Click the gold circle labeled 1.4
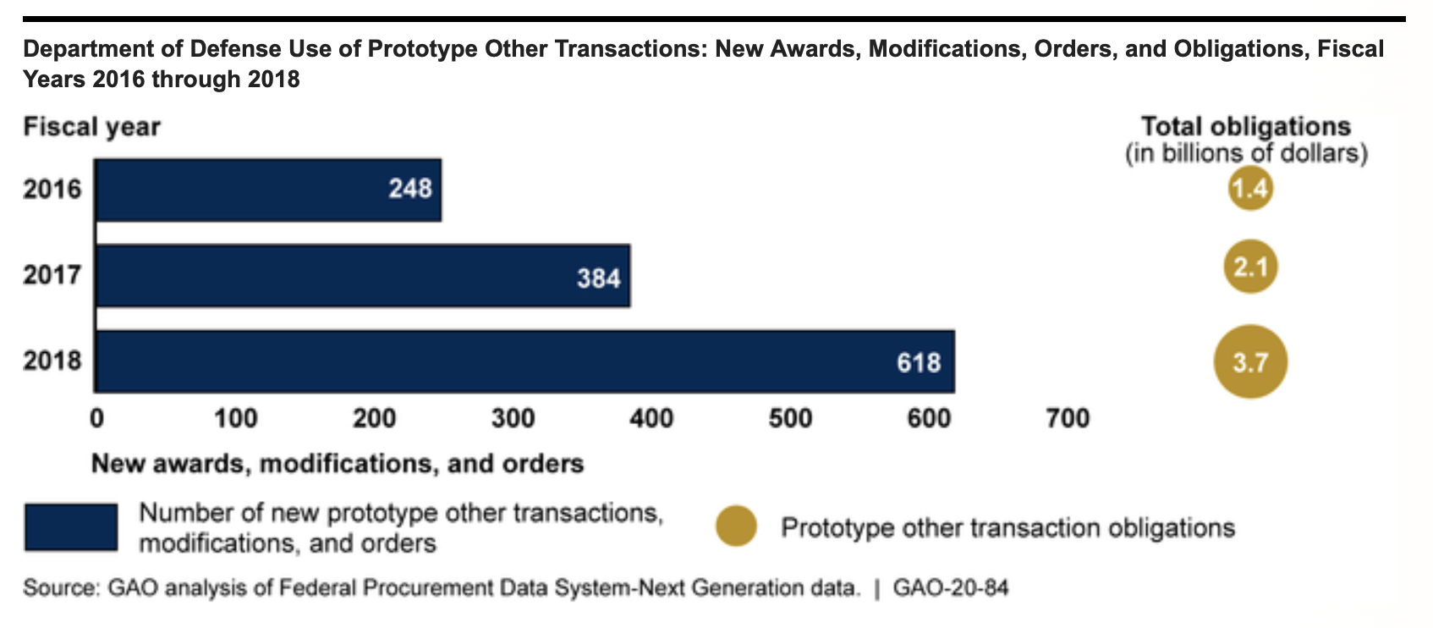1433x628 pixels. pyautogui.click(x=1250, y=188)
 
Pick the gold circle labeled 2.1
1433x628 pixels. pyautogui.click(x=1250, y=267)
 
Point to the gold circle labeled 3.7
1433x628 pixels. pyautogui.click(x=1250, y=362)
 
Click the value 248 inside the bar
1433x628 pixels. pyautogui.click(x=410, y=188)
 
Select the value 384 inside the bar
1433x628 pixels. pyautogui.click(x=599, y=278)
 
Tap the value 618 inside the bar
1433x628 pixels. pyautogui.click(x=919, y=363)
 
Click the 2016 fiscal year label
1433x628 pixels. pyautogui.click(x=52, y=189)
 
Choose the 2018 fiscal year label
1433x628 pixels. pyautogui.click(x=52, y=361)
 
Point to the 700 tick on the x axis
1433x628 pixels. pyautogui.click(x=1068, y=418)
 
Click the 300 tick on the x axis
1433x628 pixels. pyautogui.click(x=513, y=418)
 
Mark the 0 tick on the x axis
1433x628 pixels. pyautogui.click(x=97, y=418)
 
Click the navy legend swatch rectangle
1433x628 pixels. pyautogui.click(x=71, y=527)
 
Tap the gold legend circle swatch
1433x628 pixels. pyautogui.click(x=736, y=526)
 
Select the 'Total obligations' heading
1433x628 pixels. pyautogui.click(x=1246, y=127)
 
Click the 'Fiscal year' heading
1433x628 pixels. pyautogui.click(x=91, y=127)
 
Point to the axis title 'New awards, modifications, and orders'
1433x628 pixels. pyautogui.click(x=338, y=464)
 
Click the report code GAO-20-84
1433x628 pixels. pyautogui.click(x=951, y=587)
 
